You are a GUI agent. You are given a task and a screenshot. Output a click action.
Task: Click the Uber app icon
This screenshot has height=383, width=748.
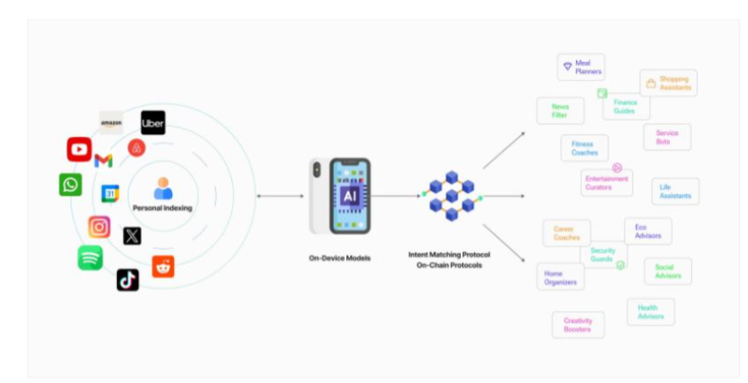[153, 123]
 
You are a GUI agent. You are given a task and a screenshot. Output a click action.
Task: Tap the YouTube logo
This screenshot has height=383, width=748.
[79, 149]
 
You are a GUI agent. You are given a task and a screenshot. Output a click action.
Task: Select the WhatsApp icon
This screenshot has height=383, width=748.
[70, 184]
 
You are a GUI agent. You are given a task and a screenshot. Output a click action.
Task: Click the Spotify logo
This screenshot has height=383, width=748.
[90, 258]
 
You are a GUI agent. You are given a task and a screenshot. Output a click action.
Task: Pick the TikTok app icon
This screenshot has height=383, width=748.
[128, 279]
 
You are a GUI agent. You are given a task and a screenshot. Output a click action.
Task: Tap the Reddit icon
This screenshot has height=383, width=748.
[163, 267]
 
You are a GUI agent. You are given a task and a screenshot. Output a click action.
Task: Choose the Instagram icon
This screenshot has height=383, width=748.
[99, 227]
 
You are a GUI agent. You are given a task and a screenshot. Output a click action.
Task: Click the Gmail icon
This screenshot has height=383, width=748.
[104, 161]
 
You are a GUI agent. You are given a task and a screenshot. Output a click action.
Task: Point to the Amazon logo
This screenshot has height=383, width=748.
[111, 123]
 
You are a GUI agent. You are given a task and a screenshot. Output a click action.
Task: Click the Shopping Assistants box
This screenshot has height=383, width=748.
[668, 83]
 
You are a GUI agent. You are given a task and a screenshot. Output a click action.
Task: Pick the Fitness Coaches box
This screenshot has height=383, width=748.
[583, 148]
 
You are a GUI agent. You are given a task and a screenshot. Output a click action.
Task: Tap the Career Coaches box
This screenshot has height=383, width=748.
[566, 233]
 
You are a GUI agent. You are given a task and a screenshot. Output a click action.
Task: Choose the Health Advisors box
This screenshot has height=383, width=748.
[650, 312]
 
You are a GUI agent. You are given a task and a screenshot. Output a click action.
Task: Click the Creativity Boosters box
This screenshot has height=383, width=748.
[578, 325]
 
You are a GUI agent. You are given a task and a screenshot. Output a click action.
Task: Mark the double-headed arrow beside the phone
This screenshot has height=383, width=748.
[280, 196]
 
